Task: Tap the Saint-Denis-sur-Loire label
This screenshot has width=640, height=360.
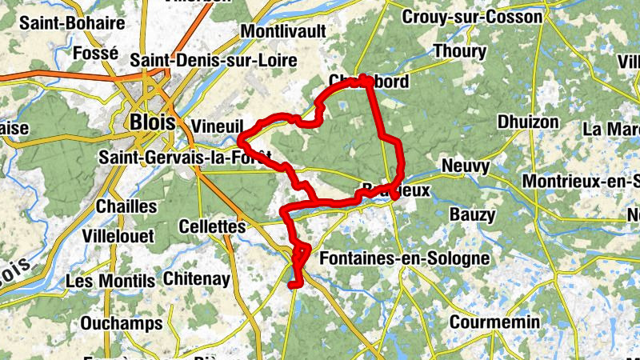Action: point(214,60)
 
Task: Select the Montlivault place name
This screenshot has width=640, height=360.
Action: point(283,30)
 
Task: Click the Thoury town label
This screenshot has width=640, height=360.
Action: point(459,51)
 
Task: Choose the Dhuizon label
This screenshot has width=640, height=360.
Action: point(528,122)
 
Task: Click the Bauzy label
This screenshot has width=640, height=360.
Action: point(472,214)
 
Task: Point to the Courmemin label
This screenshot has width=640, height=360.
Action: point(495,322)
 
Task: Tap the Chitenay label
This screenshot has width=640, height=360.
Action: point(196,279)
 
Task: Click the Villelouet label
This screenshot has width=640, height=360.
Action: point(121,237)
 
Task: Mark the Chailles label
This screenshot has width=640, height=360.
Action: point(126,206)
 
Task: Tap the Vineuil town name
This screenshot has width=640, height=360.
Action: point(218,126)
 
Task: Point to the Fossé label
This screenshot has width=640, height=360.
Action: point(95,53)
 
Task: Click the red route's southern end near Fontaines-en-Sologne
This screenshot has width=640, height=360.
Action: point(293,283)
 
